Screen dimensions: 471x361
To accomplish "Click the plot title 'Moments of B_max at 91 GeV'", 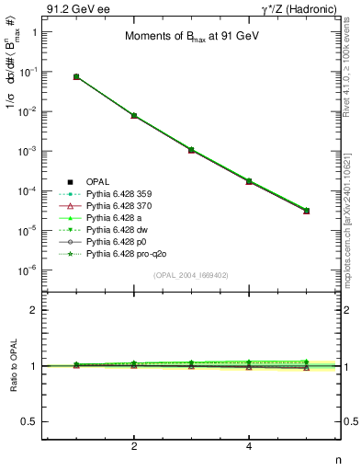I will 191,38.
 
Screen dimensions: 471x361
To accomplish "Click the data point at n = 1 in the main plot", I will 76,77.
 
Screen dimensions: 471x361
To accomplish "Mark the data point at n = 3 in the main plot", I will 191,149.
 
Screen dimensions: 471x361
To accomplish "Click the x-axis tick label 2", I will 134,446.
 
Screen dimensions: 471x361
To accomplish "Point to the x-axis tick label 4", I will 249,446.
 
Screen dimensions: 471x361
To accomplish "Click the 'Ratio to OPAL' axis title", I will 12,366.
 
